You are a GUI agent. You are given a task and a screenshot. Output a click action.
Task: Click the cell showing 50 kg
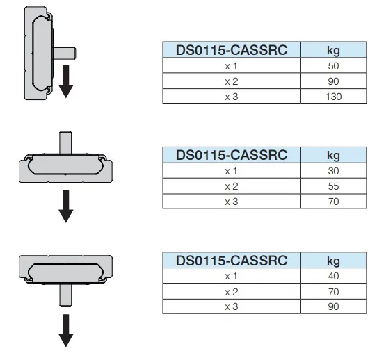[333, 66]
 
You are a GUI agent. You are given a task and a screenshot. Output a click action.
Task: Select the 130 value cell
[333, 97]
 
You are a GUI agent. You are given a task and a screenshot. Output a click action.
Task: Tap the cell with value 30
[333, 171]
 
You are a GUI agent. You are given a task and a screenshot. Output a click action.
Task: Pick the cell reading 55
[333, 186]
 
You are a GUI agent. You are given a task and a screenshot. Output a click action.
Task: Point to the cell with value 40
[333, 276]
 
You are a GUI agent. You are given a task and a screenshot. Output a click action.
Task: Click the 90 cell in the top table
[333, 81]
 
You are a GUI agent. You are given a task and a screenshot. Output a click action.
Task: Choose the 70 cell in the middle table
[333, 202]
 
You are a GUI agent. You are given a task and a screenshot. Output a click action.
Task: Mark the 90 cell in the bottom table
[333, 306]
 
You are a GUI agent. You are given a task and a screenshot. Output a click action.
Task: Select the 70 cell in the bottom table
[333, 292]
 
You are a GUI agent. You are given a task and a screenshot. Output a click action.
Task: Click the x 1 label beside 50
[232, 66]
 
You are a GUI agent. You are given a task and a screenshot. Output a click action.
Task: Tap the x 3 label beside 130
[232, 97]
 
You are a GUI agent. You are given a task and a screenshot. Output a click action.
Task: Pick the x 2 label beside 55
[232, 186]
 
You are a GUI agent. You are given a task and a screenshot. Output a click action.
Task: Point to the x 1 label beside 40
[232, 276]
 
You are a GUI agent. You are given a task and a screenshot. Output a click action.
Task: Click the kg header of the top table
[333, 50]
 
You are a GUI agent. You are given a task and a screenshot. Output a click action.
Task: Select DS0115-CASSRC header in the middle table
[232, 155]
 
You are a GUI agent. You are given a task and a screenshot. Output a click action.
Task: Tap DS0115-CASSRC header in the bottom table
[232, 261]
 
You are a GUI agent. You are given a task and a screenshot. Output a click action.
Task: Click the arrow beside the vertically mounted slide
[66, 81]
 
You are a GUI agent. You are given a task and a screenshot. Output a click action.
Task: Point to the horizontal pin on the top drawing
[65, 54]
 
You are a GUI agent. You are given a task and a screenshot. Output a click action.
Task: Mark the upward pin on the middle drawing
[65, 142]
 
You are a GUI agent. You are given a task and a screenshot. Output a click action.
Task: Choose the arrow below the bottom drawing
[66, 330]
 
